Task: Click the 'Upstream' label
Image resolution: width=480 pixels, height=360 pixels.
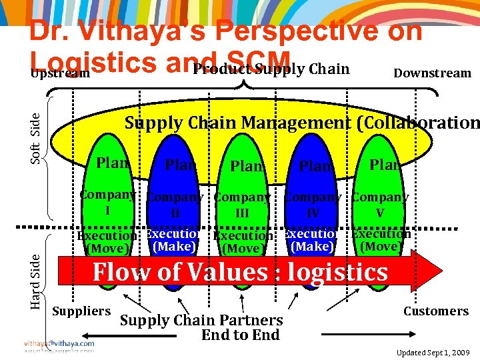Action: pos(60,73)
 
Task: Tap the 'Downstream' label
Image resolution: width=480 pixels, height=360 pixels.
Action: pos(432,73)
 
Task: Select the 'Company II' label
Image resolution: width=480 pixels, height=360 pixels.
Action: pos(175,205)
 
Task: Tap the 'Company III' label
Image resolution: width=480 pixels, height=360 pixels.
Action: pos(242,205)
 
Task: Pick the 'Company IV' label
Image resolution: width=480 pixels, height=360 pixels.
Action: pos(313,205)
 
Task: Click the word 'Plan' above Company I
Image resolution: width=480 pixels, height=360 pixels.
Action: pos(112,162)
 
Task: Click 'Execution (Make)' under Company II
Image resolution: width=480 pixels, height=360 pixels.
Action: pos(174,240)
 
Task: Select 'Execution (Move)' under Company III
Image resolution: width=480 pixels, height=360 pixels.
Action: pos(243,243)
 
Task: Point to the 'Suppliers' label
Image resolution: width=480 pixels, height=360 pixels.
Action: pos(81,311)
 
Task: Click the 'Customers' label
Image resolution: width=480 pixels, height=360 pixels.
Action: pos(436,311)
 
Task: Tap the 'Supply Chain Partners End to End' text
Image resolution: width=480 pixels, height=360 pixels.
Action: pos(201,327)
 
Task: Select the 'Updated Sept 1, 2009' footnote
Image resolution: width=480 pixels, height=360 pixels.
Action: pos(433,351)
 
